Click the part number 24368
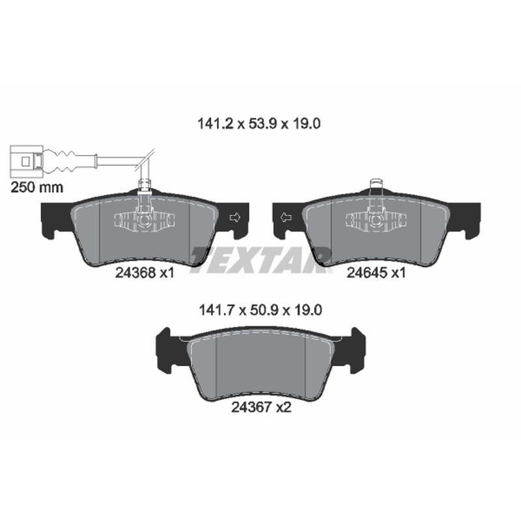[135, 273]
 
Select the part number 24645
[367, 273]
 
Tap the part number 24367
[252, 407]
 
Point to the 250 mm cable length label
[37, 188]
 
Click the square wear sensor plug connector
[27, 162]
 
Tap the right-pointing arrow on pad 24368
[235, 218]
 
